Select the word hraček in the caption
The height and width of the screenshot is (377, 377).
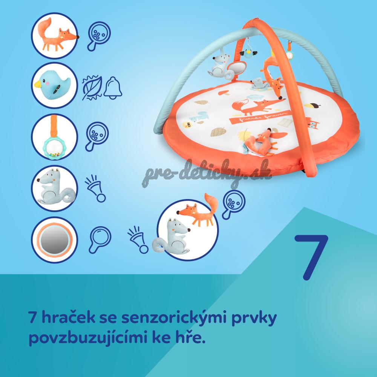68,317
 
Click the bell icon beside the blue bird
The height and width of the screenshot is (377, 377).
112,88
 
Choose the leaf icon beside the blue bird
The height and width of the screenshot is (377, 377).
92,87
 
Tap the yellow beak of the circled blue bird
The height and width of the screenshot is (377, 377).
38,84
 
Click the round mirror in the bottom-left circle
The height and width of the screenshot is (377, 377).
55,240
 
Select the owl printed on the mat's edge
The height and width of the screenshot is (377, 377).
313,123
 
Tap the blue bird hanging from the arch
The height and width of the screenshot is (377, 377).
248,53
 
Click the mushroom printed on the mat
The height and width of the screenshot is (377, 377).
224,93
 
